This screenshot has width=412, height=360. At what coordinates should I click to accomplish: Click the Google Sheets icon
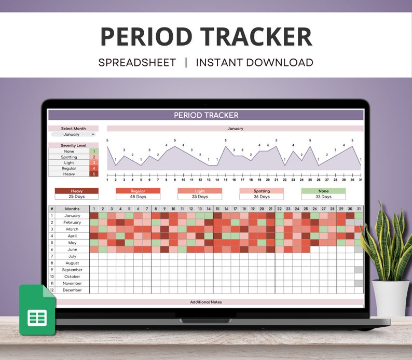[x=37, y=310]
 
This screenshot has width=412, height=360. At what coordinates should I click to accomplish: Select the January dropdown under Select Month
[x=73, y=134]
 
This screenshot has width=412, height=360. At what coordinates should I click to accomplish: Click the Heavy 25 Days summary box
[x=76, y=194]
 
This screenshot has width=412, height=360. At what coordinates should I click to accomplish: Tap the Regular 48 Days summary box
[x=138, y=194]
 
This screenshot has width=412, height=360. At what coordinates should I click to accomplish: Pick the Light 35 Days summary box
[x=200, y=194]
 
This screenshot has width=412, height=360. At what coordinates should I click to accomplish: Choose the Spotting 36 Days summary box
[x=262, y=194]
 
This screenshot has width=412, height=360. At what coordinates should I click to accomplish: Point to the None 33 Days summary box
[x=323, y=194]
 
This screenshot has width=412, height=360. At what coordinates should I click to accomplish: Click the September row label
[x=72, y=270]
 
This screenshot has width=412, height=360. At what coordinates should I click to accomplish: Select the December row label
[x=72, y=290]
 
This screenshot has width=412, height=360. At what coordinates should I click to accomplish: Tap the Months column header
[x=72, y=209]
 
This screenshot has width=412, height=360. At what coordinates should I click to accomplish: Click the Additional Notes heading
[x=206, y=302]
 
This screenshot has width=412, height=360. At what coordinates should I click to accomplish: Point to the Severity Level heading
[x=73, y=146]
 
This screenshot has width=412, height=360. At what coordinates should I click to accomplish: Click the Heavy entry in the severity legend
[x=70, y=174]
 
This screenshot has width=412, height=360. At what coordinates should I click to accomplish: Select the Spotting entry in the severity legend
[x=70, y=157]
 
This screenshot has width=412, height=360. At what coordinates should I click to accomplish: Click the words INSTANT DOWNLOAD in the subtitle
[x=254, y=63]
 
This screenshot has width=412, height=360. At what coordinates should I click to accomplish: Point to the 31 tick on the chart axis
[x=360, y=179]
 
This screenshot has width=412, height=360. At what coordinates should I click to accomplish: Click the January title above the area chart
[x=235, y=129]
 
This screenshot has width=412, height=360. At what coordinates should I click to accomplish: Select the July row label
[x=72, y=256]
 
